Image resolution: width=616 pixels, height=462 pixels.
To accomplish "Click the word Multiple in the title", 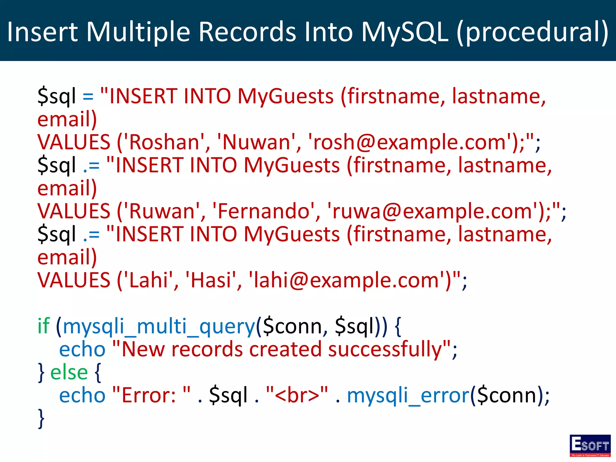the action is pos(138,32).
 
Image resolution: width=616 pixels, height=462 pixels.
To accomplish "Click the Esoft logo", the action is pos(590,445).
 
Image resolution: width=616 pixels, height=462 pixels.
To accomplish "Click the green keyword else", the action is pos(69,372).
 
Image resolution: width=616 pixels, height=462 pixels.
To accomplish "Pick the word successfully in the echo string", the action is pos(385,350).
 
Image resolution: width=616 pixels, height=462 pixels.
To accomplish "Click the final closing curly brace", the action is pos(41,418).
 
